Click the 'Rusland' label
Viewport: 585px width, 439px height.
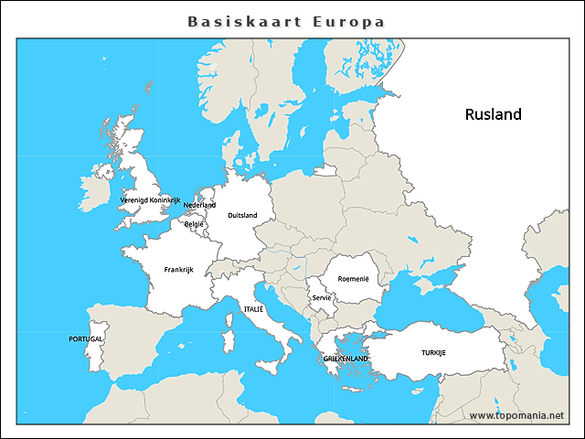[x=493, y=114]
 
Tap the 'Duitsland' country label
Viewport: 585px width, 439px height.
[x=242, y=216]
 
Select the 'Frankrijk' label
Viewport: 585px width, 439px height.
[x=178, y=270]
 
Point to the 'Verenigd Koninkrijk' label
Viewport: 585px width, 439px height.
[x=151, y=199]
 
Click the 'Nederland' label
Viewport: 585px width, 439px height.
[x=199, y=206]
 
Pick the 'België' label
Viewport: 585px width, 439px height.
[x=194, y=224]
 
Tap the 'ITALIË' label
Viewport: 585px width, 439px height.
[x=253, y=310]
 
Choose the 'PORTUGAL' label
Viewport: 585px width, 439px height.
[x=86, y=338]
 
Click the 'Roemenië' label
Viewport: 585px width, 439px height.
[x=353, y=279]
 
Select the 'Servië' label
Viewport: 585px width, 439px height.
[x=321, y=297]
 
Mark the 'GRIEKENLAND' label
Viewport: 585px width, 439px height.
[x=346, y=359]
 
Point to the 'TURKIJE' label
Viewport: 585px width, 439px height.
[x=433, y=352]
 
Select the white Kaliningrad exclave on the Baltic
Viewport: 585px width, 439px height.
[x=325, y=170]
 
